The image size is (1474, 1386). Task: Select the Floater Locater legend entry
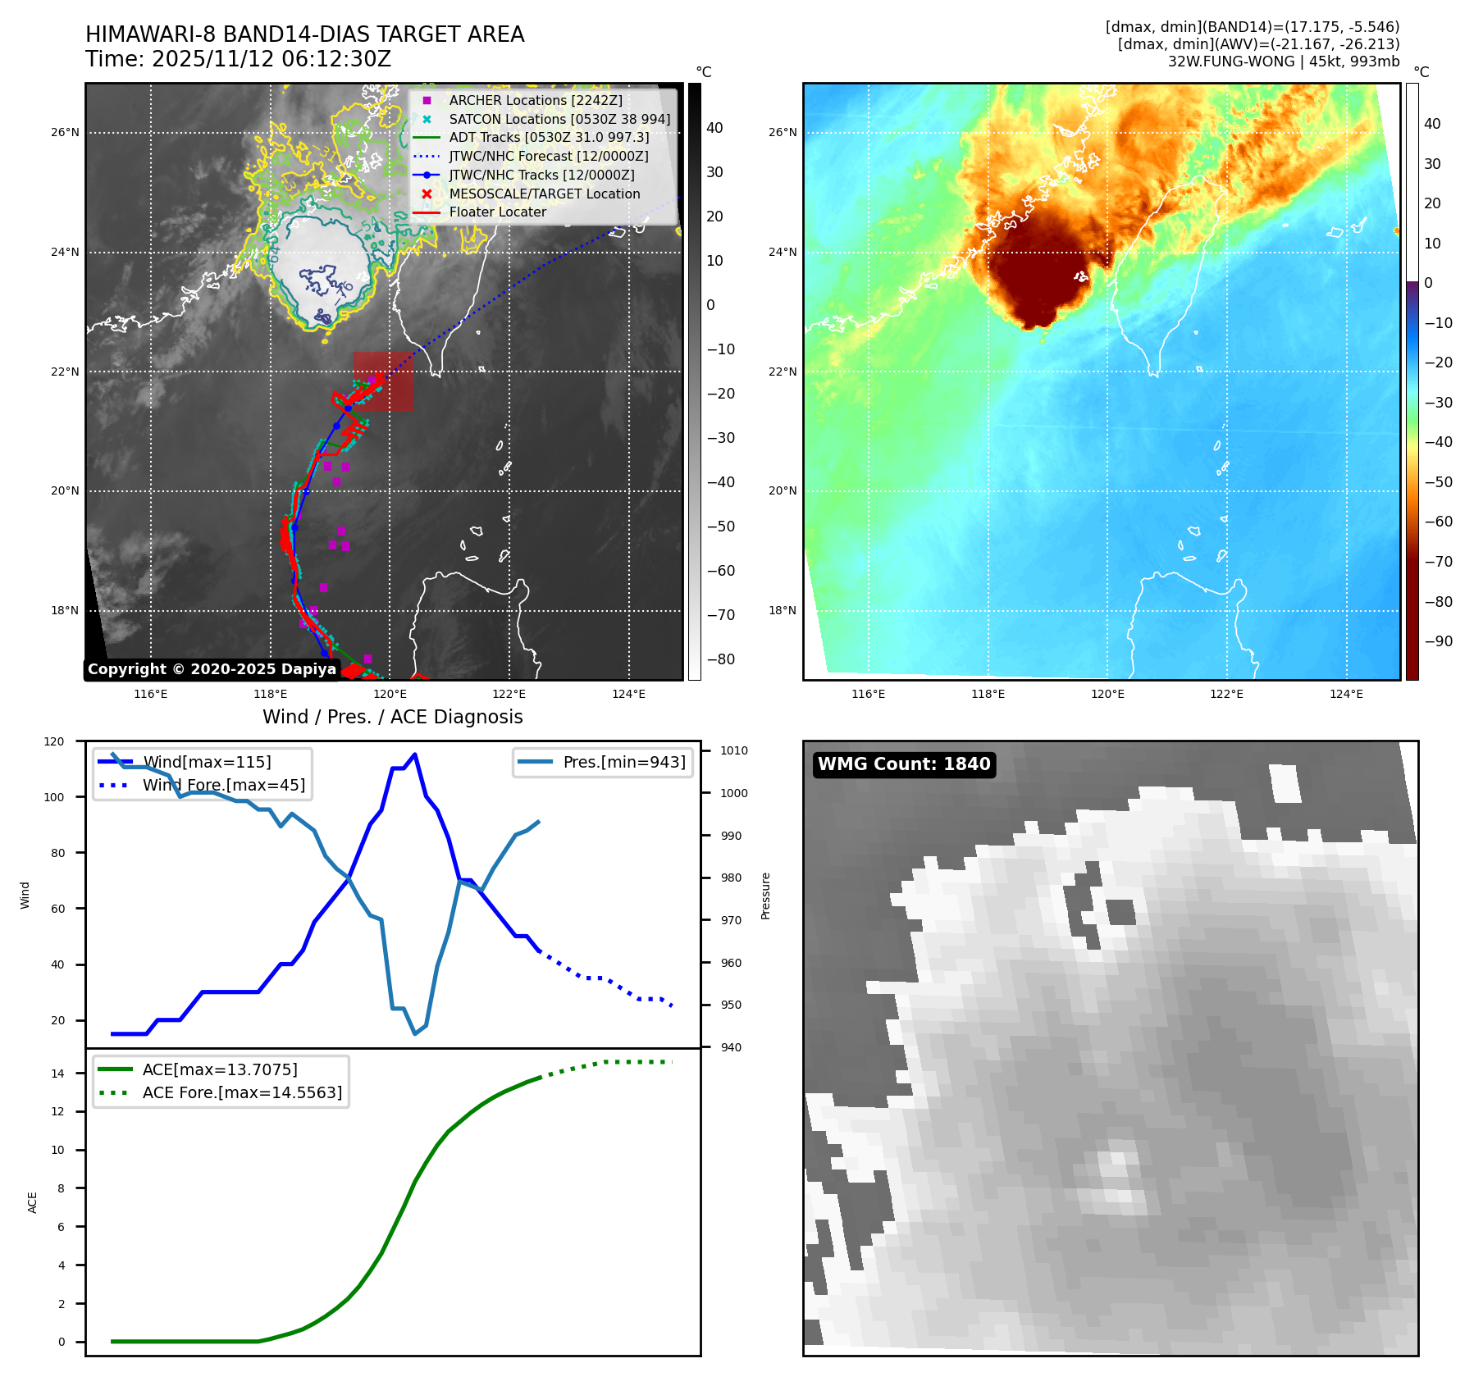pos(497,212)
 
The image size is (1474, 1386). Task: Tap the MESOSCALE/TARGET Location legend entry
pos(544,194)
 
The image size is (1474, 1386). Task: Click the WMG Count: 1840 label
pos(904,764)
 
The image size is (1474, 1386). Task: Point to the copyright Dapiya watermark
pos(212,669)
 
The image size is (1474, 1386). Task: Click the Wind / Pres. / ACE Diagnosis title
pos(392,717)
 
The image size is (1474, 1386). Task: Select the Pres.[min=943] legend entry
pos(623,762)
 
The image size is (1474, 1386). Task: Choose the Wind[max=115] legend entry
pos(207,762)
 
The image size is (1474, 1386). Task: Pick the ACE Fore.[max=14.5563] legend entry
pos(242,1092)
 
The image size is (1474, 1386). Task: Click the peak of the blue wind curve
pos(415,755)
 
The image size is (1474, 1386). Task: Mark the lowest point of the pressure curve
pos(415,1033)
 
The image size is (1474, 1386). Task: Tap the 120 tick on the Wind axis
pos(54,741)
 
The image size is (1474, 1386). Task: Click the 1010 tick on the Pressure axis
pos(734,750)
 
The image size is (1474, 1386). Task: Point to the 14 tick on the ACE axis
pos(57,1074)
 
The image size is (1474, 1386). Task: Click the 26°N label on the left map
pos(66,132)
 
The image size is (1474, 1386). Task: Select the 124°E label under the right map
pos(1346,694)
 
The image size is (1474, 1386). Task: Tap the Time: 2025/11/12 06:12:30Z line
pos(238,59)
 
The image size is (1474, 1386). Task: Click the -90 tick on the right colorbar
pos(1438,641)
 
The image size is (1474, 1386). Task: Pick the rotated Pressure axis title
pos(765,896)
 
